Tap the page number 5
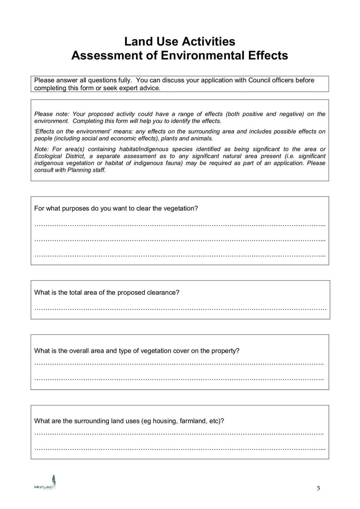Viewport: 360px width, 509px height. pos(318,489)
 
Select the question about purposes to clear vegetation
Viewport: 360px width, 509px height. pos(116,208)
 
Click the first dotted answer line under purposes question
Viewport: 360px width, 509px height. pos(180,224)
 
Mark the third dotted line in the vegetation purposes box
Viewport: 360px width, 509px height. pos(180,255)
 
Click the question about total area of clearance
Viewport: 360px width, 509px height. pos(107,292)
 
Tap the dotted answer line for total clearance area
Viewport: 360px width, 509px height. pos(180,308)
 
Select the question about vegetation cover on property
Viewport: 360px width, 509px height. pos(137,351)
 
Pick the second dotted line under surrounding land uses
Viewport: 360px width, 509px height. pos(180,449)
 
